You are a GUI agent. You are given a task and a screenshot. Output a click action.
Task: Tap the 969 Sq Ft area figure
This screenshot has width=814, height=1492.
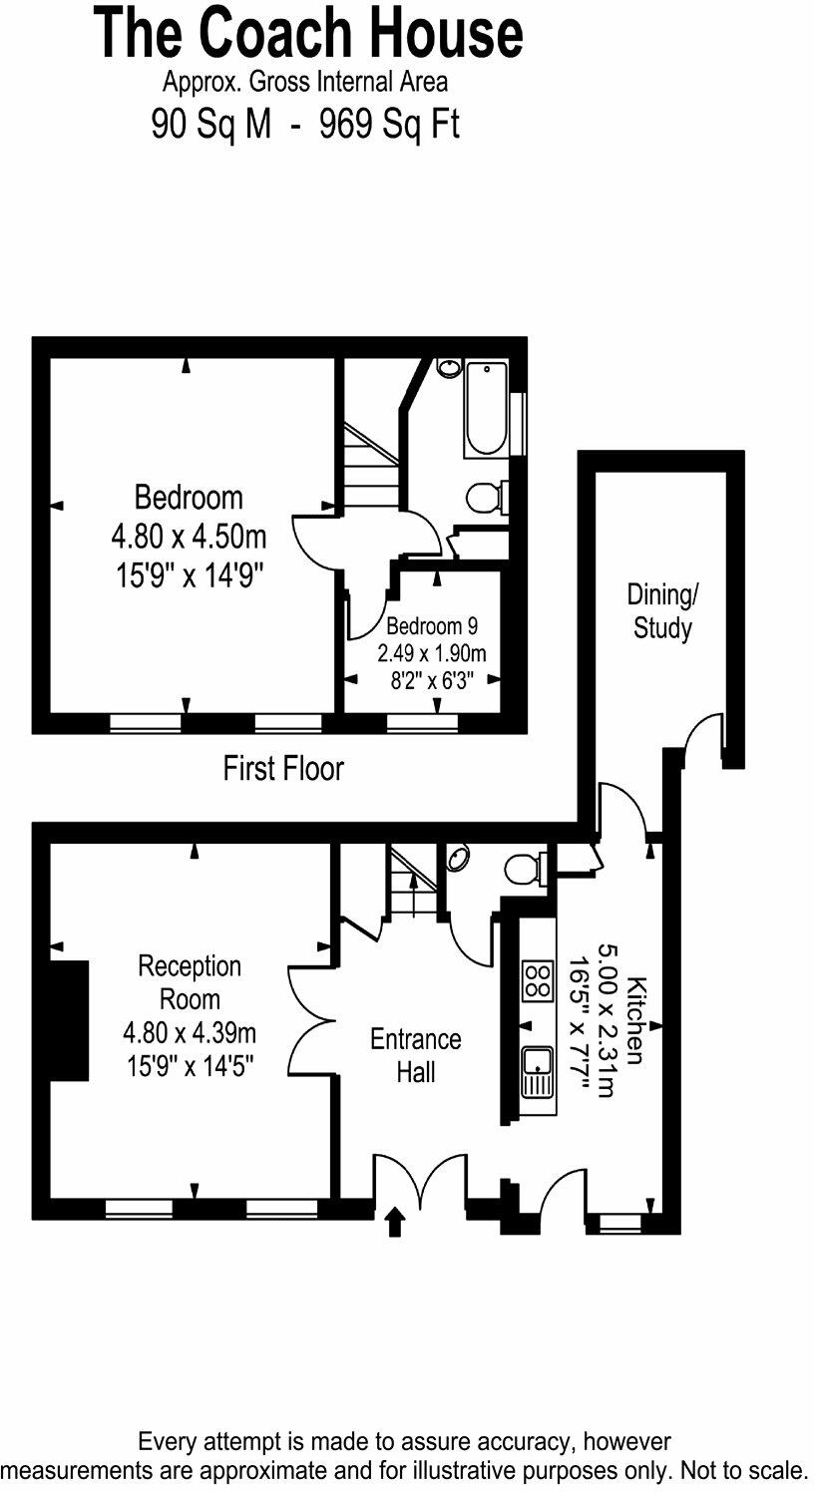click(x=389, y=125)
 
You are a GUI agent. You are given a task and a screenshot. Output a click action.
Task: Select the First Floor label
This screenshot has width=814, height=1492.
click(x=283, y=769)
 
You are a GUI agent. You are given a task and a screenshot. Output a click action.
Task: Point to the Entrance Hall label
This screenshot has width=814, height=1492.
click(x=415, y=1055)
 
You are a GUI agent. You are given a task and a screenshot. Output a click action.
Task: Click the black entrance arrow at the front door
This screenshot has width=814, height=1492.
click(x=395, y=1222)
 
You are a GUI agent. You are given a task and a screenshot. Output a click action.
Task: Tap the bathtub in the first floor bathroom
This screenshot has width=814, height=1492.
click(x=486, y=409)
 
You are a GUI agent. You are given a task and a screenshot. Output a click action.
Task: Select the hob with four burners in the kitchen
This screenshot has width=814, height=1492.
click(x=538, y=979)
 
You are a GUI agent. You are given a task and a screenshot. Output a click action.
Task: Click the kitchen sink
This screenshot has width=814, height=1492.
click(x=538, y=1072)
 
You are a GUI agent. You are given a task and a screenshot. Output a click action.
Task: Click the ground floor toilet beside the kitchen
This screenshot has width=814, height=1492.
click(x=524, y=869)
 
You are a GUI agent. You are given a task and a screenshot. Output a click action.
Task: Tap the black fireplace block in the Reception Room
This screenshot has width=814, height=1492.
click(x=68, y=1020)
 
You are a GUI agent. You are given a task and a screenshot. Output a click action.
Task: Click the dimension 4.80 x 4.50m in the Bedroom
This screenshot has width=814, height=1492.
click(x=189, y=539)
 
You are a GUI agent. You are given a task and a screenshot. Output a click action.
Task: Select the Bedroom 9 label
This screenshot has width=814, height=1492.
click(x=431, y=626)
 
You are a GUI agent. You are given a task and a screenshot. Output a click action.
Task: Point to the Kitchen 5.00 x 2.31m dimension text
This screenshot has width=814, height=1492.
click(x=606, y=1020)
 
